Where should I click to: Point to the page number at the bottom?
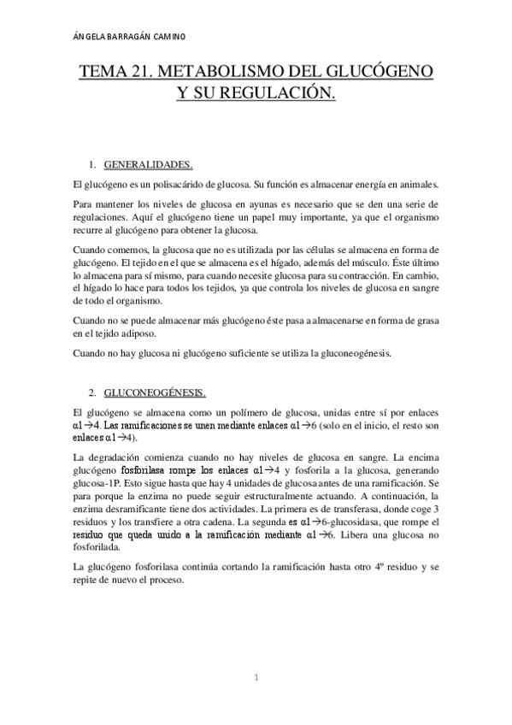point(255,677)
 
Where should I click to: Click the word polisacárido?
point(173,185)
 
